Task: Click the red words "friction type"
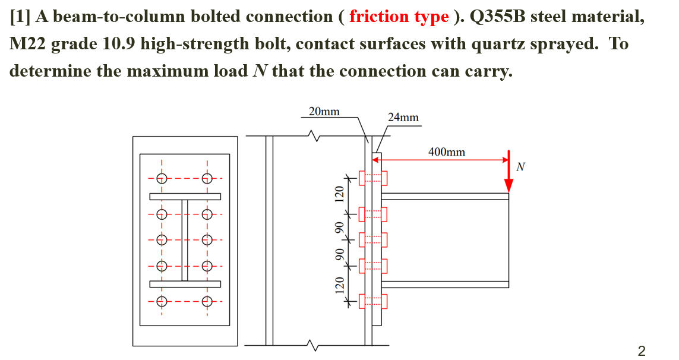point(399,16)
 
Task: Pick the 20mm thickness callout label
point(324,111)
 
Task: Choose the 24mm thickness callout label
point(403,117)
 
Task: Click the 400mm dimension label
point(447,152)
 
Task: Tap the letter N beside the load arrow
point(521,166)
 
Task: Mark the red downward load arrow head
point(509,184)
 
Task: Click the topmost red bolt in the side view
point(373,178)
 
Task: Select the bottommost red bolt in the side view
point(373,301)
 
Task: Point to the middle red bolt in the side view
point(373,239)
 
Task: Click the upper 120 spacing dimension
point(339,195)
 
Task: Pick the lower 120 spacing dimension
point(339,285)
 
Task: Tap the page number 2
point(641,350)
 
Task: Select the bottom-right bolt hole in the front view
point(207,301)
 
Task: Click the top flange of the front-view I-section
point(185,197)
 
